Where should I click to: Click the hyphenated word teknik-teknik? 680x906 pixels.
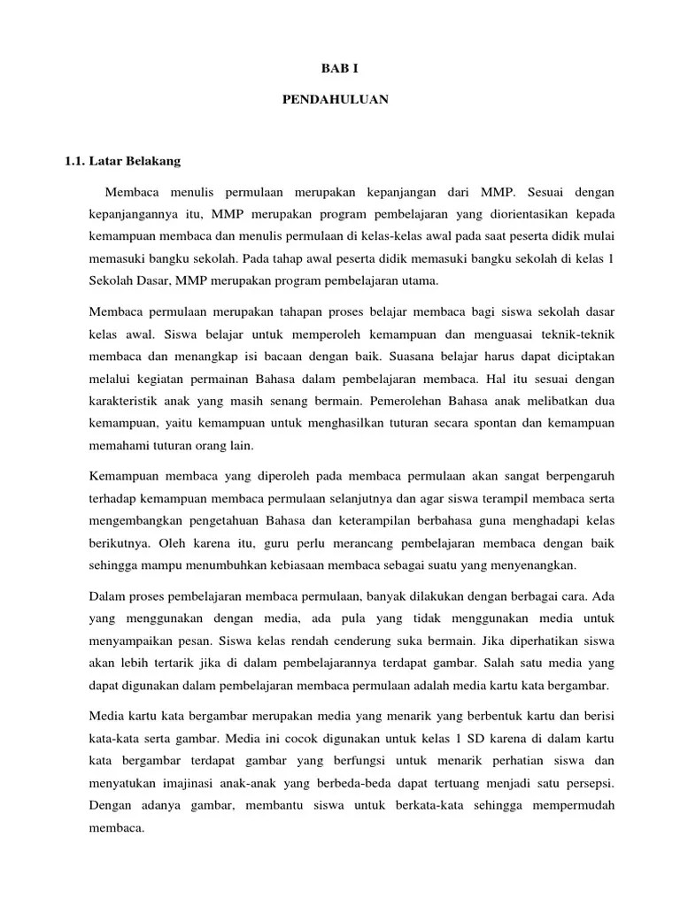[580, 335]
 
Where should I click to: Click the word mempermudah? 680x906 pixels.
[572, 804]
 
